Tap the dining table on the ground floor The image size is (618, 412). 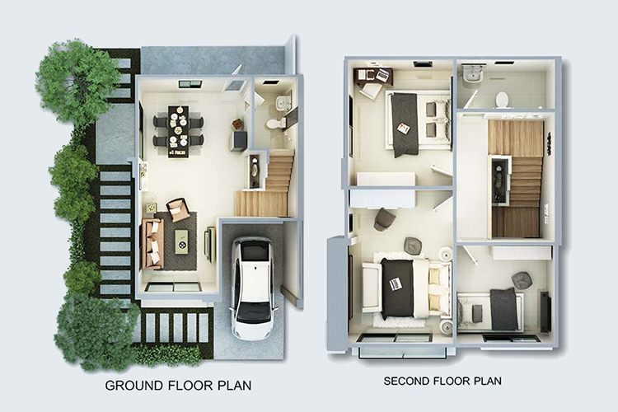(178, 131)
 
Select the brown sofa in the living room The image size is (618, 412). (152, 244)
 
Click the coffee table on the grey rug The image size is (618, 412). (181, 241)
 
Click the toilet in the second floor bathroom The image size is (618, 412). (502, 99)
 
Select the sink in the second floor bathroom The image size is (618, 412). (471, 73)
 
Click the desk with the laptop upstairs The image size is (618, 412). (373, 76)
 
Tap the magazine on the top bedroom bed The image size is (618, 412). (404, 129)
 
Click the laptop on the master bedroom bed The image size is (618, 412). (396, 283)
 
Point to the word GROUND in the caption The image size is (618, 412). (134, 385)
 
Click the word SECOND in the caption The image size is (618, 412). (407, 382)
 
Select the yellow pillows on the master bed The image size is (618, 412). (435, 284)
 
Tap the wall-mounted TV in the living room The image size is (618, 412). (209, 245)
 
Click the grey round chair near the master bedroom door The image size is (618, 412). (382, 220)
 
